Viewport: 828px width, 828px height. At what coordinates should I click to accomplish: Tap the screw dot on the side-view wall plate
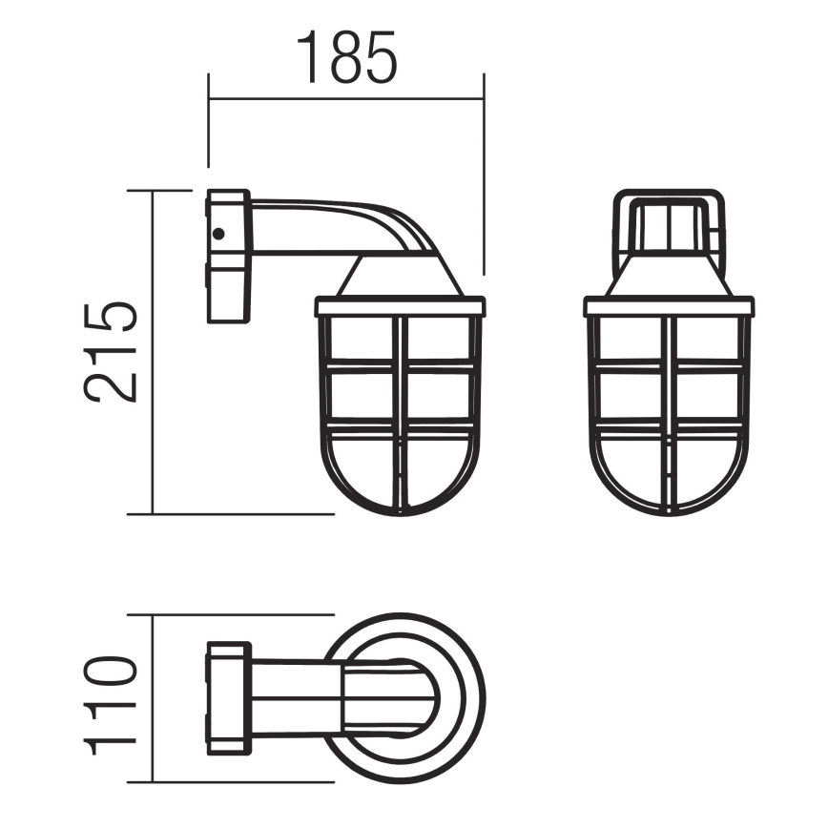click(x=218, y=233)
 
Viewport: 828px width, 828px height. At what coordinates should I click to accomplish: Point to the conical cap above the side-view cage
click(x=401, y=279)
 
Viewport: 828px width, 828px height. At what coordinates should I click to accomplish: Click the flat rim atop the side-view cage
click(x=400, y=306)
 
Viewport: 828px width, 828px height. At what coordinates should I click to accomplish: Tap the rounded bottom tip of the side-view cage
click(x=401, y=510)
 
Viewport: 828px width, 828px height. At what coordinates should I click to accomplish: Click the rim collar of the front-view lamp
click(x=669, y=306)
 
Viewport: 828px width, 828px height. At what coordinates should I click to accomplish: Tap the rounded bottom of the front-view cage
click(x=669, y=510)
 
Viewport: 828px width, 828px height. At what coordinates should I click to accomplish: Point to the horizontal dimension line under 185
click(x=345, y=98)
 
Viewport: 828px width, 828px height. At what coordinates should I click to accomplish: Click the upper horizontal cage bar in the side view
click(x=400, y=364)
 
